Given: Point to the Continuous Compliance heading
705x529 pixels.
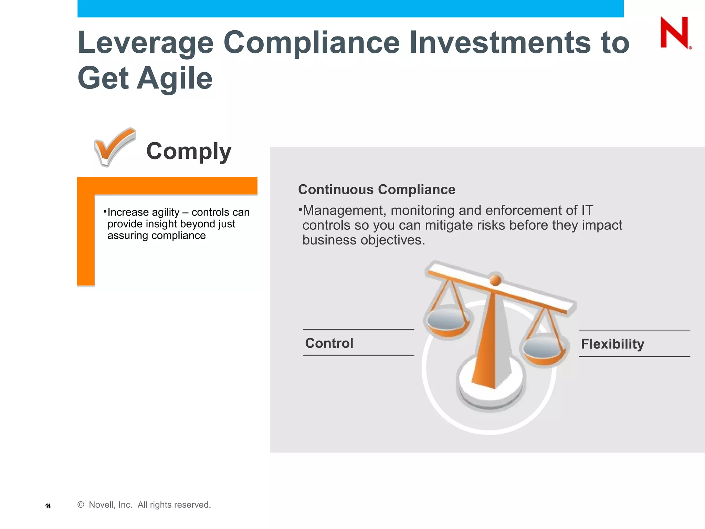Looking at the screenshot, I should (377, 190).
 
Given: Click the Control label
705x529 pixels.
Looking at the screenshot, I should (329, 343).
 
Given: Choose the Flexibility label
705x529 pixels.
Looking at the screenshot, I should (612, 344).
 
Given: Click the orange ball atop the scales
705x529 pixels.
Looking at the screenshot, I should (495, 280).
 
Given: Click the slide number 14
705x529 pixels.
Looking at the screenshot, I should (48, 506).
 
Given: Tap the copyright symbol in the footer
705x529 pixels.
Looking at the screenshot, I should (81, 505).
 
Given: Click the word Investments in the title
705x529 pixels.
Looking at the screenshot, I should (499, 43).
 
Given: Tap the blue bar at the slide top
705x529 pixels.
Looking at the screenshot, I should (350, 8).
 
